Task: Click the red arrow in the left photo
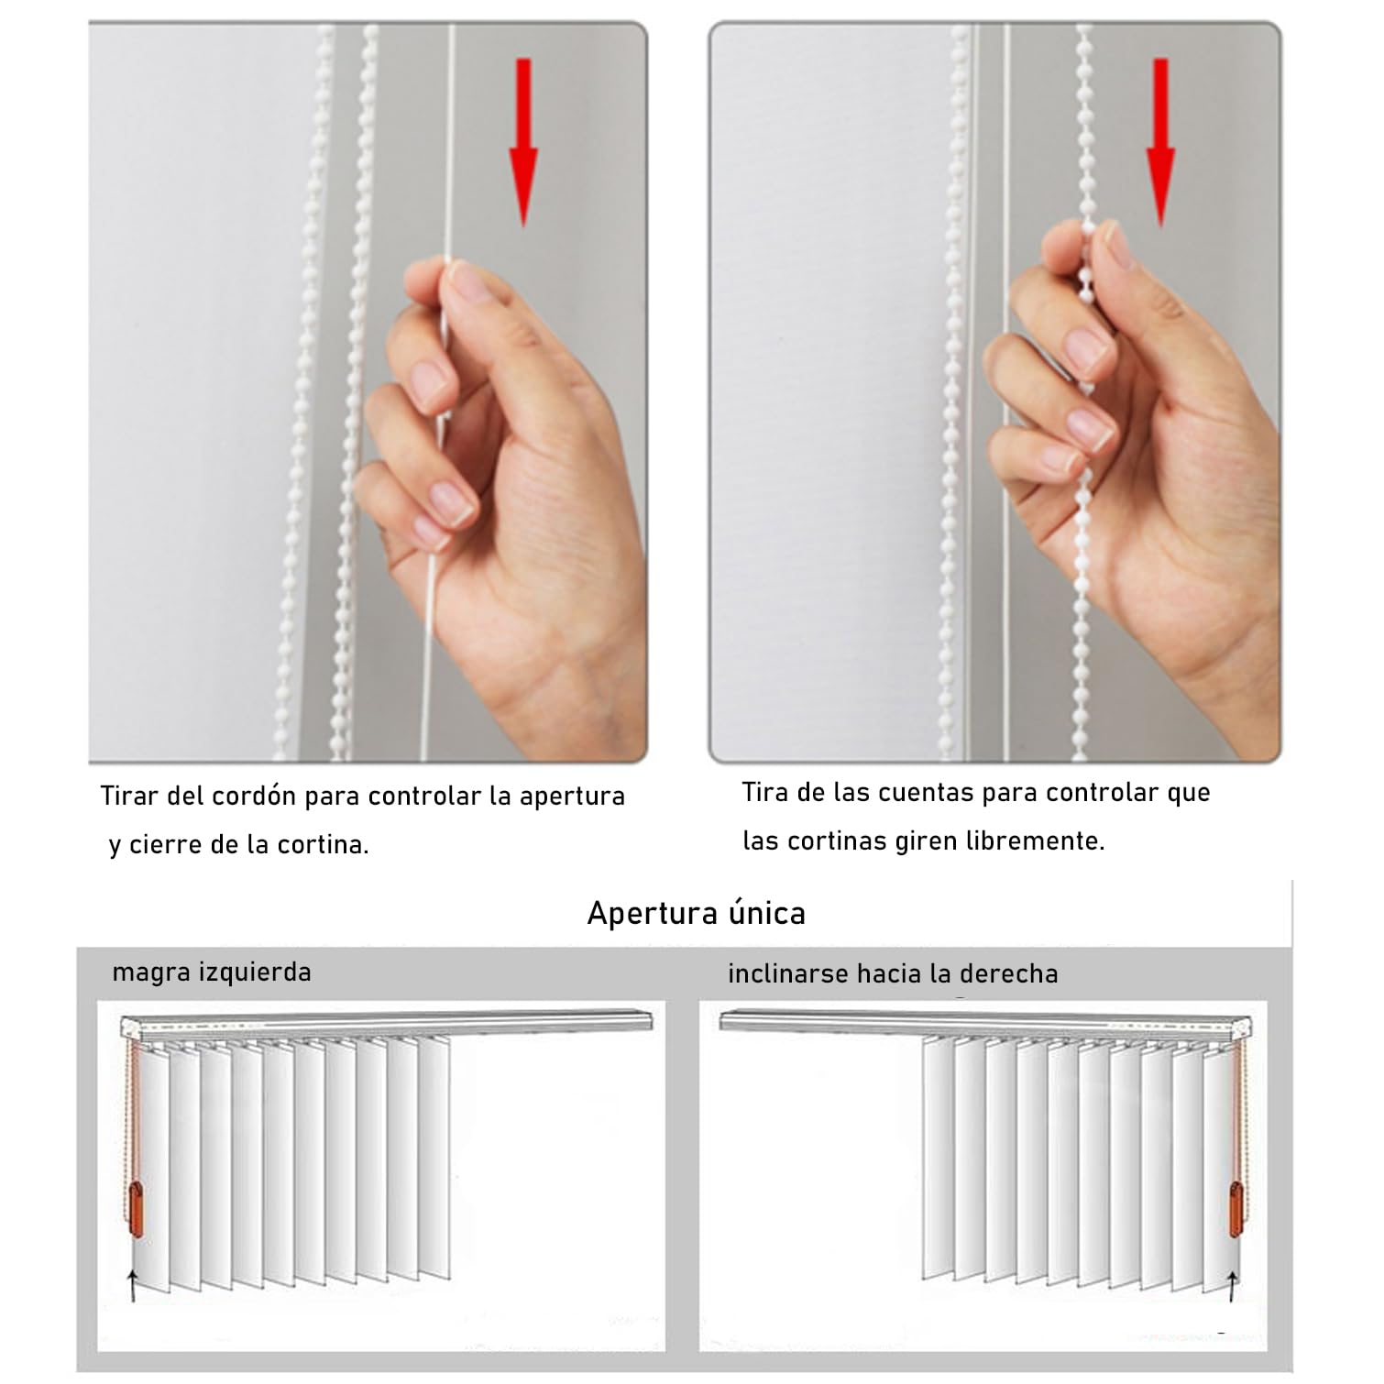pyautogui.click(x=523, y=142)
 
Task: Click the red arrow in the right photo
pyautogui.click(x=1160, y=142)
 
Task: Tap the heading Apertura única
pyautogui.click(x=696, y=914)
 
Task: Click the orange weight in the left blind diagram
pyautogui.click(x=136, y=1210)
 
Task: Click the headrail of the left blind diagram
pyautogui.click(x=385, y=1022)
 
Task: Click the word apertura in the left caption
pyautogui.click(x=572, y=796)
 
